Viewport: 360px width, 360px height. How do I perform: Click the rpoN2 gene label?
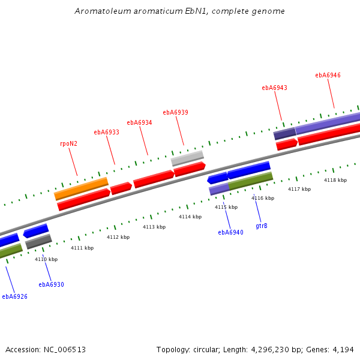[x=69, y=144]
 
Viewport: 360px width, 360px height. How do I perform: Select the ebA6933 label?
[x=106, y=132]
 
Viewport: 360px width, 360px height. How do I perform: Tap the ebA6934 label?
[x=139, y=122]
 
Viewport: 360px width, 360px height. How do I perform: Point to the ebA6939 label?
[x=175, y=112]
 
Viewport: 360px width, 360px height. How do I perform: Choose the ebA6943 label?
[x=274, y=88]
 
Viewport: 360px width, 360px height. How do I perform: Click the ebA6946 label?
[x=328, y=75]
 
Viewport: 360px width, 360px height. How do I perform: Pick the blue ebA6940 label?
[x=230, y=232]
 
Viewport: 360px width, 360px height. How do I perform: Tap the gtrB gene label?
[x=262, y=226]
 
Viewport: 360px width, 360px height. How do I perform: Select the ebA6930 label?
[x=51, y=284]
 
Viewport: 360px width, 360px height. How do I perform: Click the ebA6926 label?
[x=14, y=296]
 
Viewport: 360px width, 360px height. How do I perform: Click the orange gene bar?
[x=81, y=188]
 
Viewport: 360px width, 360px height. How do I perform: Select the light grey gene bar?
[x=187, y=158]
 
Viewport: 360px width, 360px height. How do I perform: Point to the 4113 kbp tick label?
[x=154, y=227]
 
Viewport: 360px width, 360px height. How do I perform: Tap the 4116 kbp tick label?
[x=263, y=198]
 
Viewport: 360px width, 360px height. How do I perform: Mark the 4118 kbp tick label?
[x=335, y=180]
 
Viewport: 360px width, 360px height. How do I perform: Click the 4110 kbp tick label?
[x=46, y=259]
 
